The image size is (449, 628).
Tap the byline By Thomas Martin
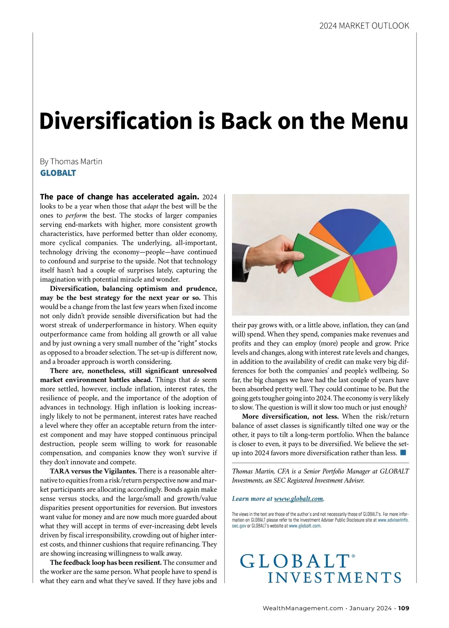point(71,161)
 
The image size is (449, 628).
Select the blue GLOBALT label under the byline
point(58,173)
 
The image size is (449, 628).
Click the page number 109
point(404,608)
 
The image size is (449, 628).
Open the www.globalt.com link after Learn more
point(298,499)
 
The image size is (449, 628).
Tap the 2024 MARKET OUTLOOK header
point(364,26)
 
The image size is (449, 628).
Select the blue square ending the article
point(403,453)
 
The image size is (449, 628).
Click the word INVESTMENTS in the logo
point(335,578)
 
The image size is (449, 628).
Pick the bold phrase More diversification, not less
point(290,416)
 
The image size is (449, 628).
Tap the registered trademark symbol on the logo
point(353,556)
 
